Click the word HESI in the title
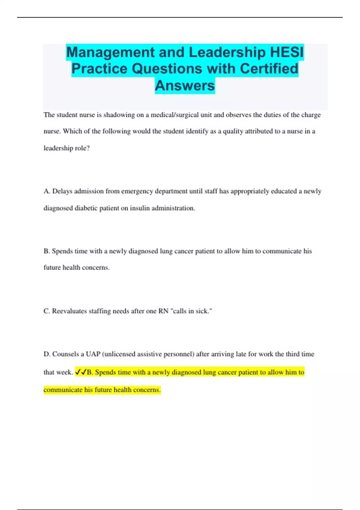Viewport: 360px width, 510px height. (x=287, y=52)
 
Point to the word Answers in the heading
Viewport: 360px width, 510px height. (x=185, y=85)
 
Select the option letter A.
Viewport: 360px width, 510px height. (x=46, y=191)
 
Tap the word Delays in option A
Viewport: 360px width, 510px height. (x=62, y=191)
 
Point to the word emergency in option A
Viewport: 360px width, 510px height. (x=137, y=191)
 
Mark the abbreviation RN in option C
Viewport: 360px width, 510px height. (x=163, y=311)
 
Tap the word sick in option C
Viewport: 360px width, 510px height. (x=202, y=311)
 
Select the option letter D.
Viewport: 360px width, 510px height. (x=46, y=354)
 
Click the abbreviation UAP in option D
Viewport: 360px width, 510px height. (x=93, y=354)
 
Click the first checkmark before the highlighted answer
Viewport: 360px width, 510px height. (x=78, y=372)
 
